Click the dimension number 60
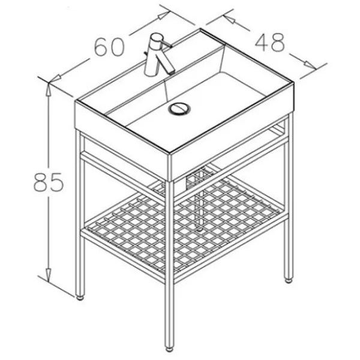[110, 47]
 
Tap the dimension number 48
[270, 42]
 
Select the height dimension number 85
[48, 182]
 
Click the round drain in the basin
[179, 109]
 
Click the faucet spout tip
[171, 71]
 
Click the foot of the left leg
[80, 298]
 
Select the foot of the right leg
[289, 280]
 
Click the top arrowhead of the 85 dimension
[48, 89]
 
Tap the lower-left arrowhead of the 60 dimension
[55, 79]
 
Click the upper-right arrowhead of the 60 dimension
[163, 16]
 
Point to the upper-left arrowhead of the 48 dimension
[229, 19]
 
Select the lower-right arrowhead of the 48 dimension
[310, 65]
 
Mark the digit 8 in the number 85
[41, 182]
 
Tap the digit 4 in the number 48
[262, 42]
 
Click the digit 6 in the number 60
[102, 47]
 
